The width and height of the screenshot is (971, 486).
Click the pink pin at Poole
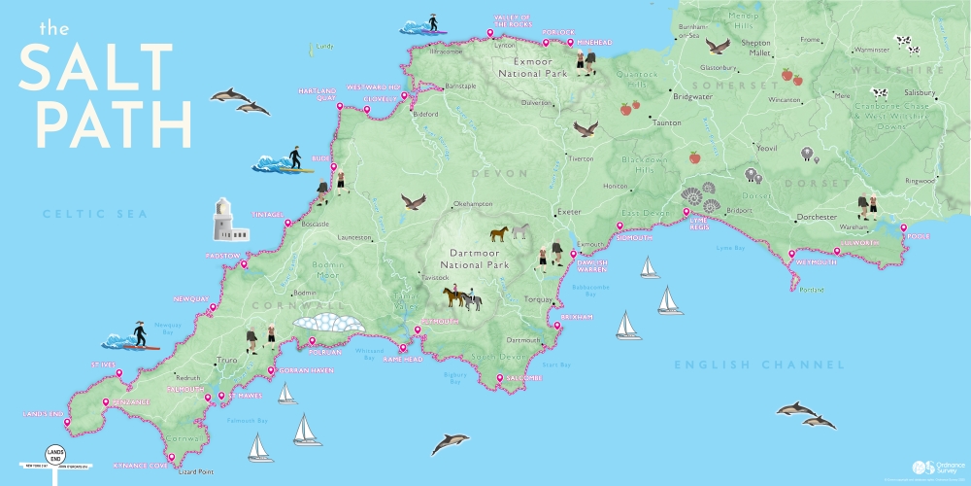pyautogui.click(x=902, y=232)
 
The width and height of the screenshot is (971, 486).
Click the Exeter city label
pyautogui.click(x=568, y=211)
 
